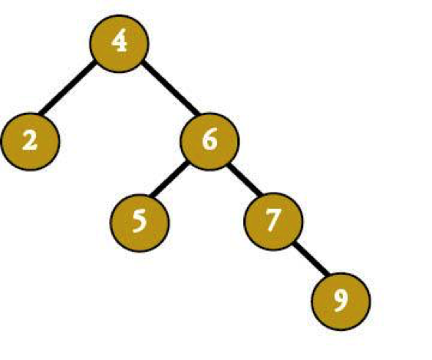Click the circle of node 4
[x=119, y=44]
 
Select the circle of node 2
[x=30, y=142]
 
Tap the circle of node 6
[x=209, y=141]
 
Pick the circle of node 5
[x=140, y=223]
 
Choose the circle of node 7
[x=273, y=222]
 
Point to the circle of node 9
[x=341, y=302]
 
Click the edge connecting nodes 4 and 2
[x=67, y=88]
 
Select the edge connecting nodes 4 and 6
[x=170, y=88]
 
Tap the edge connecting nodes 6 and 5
[x=169, y=179]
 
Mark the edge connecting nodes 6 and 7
[x=245, y=180]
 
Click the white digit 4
[x=119, y=42]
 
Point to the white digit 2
[x=30, y=140]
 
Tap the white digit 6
[x=209, y=139]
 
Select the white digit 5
[x=140, y=220]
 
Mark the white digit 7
[x=274, y=220]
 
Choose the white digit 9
[x=341, y=301]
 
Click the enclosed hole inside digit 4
[x=118, y=41]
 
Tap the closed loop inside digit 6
[x=210, y=144]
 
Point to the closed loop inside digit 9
[x=341, y=297]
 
